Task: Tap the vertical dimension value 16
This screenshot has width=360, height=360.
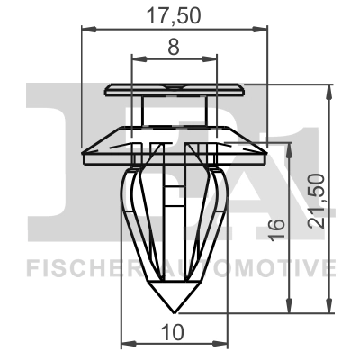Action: tap(275, 229)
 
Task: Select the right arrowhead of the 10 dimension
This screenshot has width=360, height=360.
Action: tap(222, 345)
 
